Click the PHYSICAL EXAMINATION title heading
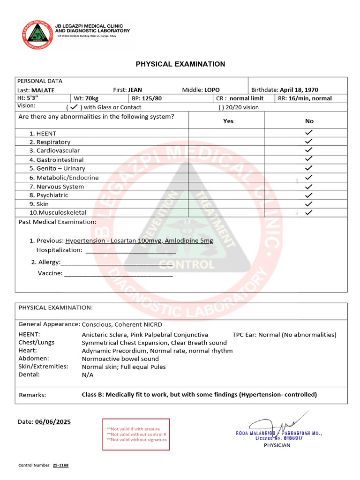[x=180, y=64]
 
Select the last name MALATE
[x=43, y=90]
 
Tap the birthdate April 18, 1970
[x=299, y=90]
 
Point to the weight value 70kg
[x=92, y=98]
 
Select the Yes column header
[x=228, y=121]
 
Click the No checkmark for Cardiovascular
[x=308, y=150]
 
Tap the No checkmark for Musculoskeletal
[x=308, y=212]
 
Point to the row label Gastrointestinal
[x=60, y=159]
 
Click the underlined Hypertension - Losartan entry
[x=139, y=240]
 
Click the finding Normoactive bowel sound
[x=120, y=359]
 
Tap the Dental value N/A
[x=88, y=375]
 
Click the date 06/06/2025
[x=53, y=422]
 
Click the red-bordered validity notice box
[x=136, y=434]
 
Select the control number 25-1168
[x=61, y=465]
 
